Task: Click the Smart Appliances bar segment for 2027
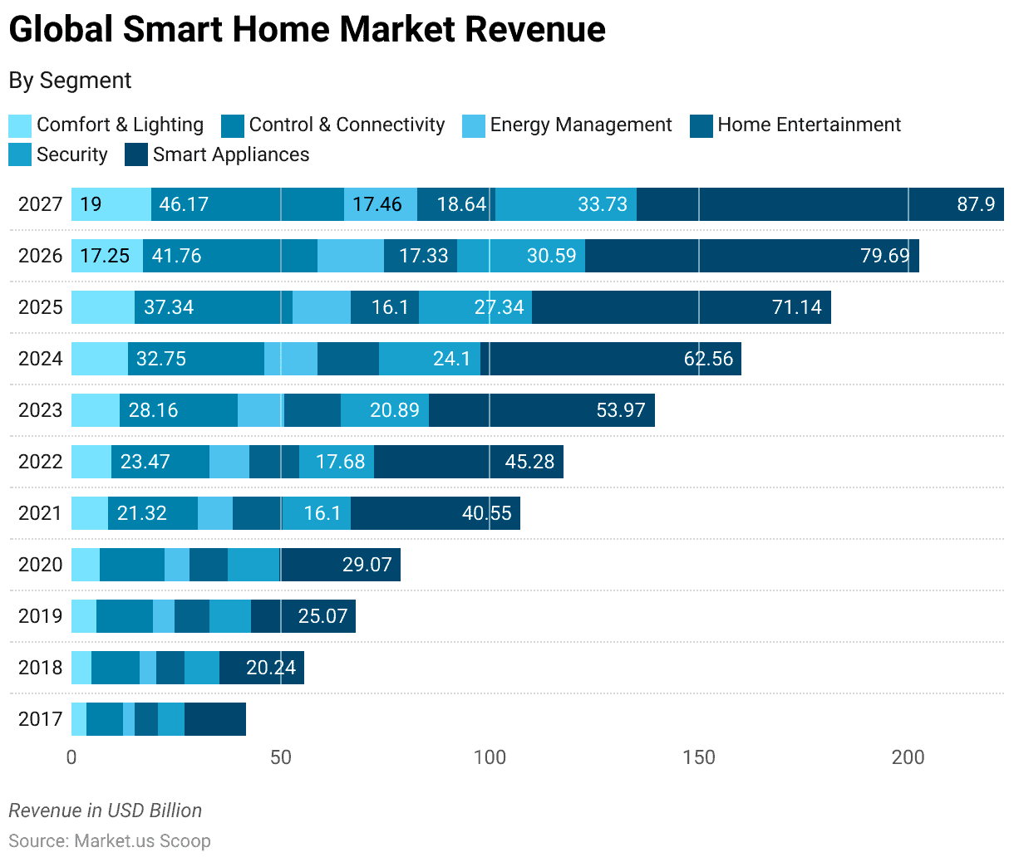pos(819,204)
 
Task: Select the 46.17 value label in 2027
pos(184,204)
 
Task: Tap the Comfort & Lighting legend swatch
pos(20,126)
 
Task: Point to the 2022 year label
pos(40,462)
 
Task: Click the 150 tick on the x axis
pos(698,757)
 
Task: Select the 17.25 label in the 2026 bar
pos(106,256)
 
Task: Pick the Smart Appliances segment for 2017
pos(214,719)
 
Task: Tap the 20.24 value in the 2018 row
pos(270,668)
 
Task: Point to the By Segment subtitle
pos(70,81)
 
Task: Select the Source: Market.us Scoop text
pos(110,840)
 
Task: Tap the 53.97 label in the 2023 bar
pos(620,410)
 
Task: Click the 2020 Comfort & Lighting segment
pos(85,565)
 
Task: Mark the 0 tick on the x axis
pos(71,757)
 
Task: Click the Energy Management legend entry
pos(580,125)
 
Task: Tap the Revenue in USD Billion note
pos(106,811)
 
